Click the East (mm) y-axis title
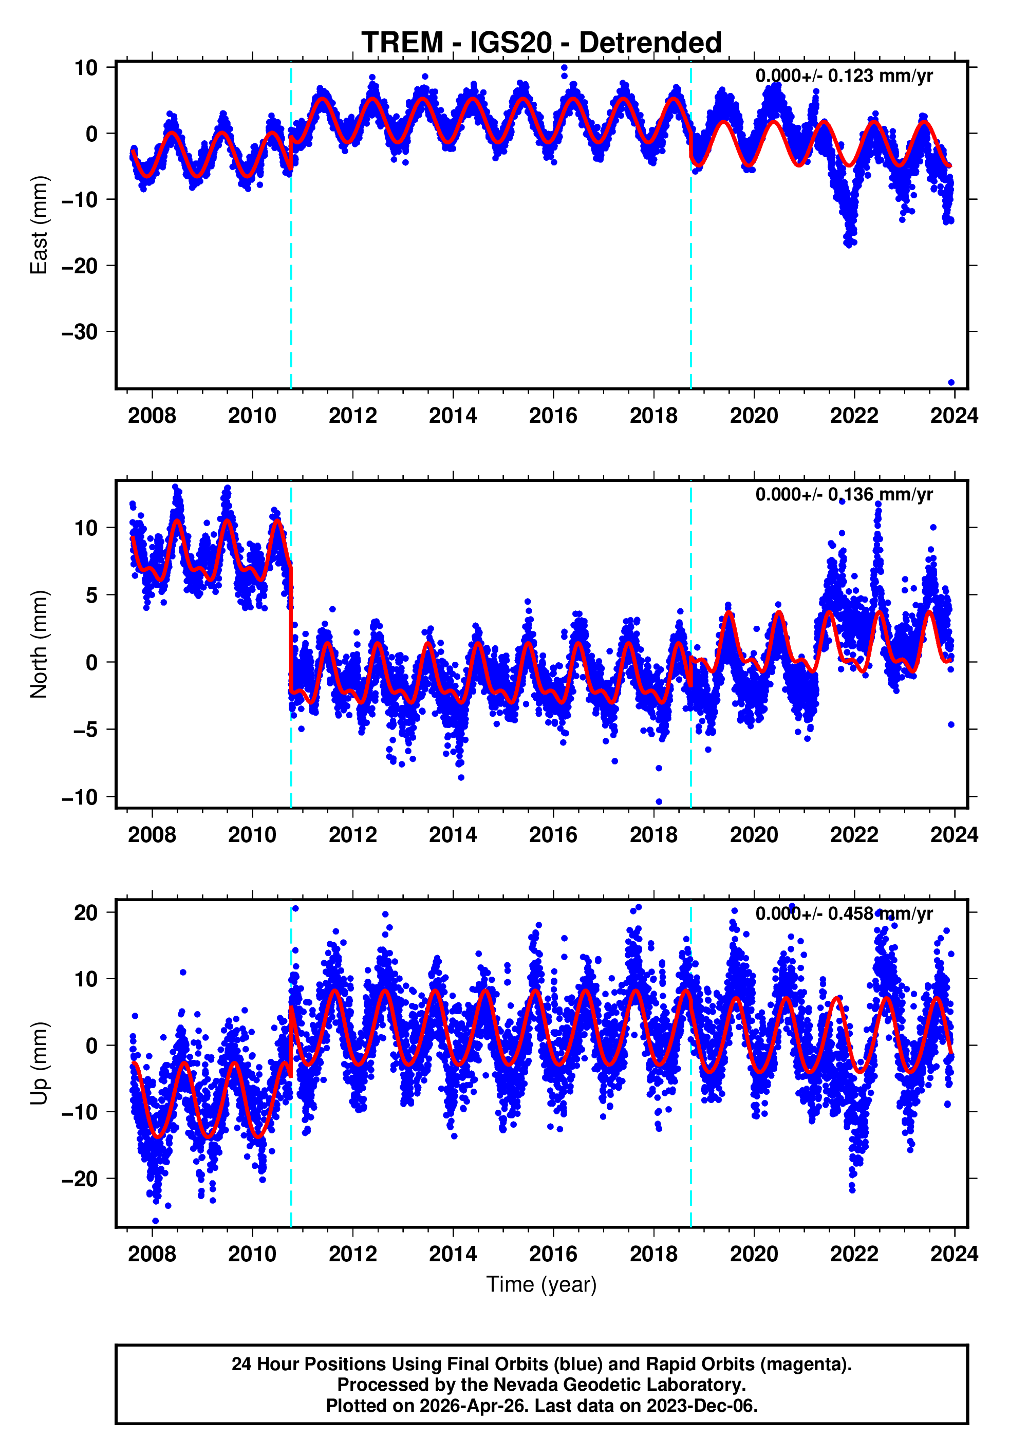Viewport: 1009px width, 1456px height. pyautogui.click(x=39, y=225)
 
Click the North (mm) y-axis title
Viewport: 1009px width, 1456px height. pyautogui.click(x=39, y=644)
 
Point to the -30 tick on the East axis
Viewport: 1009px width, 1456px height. pyautogui.click(x=80, y=332)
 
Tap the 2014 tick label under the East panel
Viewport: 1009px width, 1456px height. pyautogui.click(x=453, y=416)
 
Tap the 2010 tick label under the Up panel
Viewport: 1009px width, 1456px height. pyautogui.click(x=252, y=1254)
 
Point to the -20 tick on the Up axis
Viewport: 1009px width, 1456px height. pyautogui.click(x=80, y=1179)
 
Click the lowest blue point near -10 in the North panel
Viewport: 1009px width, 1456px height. pyautogui.click(x=659, y=801)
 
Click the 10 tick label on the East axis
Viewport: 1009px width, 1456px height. pyautogui.click(x=86, y=68)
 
